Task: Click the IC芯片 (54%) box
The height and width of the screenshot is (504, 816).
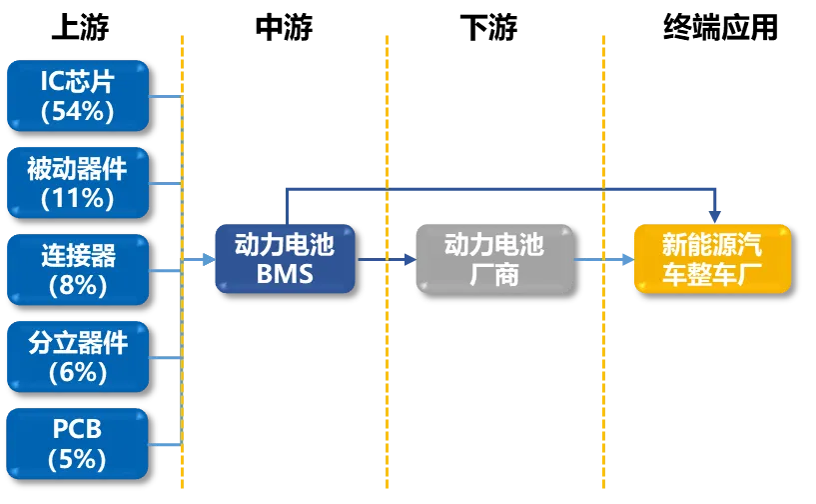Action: click(77, 95)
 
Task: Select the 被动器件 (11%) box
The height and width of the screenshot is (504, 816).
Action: click(77, 182)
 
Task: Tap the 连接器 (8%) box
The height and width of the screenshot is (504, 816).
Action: click(77, 269)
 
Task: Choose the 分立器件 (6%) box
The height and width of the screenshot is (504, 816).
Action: click(77, 356)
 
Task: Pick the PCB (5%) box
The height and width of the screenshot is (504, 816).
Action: click(77, 444)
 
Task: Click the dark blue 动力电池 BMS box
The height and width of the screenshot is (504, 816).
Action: click(285, 258)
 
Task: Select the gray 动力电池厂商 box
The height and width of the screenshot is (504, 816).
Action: click(494, 258)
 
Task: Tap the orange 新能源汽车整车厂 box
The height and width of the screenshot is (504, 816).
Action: click(712, 258)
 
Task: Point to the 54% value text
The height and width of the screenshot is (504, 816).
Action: click(78, 111)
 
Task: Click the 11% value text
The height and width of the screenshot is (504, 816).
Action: click(78, 198)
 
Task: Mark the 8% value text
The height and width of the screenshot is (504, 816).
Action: click(78, 285)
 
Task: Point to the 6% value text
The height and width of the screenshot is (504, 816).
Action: click(78, 372)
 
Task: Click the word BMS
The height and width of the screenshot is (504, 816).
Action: click(285, 274)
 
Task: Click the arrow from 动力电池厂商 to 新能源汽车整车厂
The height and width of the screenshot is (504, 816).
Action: click(603, 260)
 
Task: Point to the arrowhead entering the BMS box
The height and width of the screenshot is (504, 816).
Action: click(207, 260)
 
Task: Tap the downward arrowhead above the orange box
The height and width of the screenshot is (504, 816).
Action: click(714, 213)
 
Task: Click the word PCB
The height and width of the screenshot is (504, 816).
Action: click(78, 430)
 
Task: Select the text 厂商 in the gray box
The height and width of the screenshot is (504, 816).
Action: click(494, 274)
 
